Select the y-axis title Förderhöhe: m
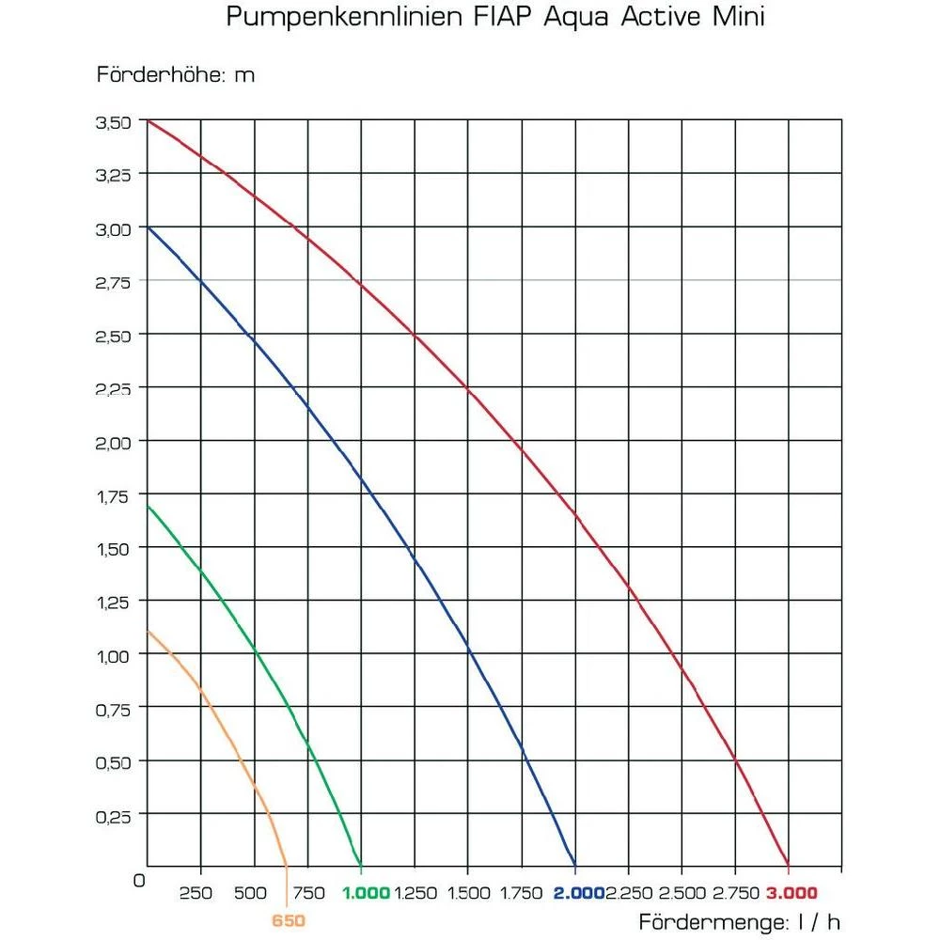pos(176,75)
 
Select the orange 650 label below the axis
pos(289,921)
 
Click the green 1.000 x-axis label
pos(367,892)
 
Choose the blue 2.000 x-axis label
pos(578,892)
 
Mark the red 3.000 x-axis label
pos(791,892)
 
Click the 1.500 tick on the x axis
pos(469,892)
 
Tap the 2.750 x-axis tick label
pos(736,892)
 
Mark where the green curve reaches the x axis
pos(361,866)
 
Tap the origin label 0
pos(139,881)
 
